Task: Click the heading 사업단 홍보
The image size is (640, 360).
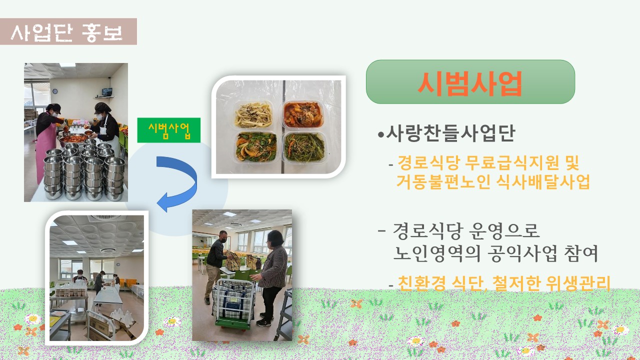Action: pos(67,32)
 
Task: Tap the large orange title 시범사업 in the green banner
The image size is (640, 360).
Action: pos(470,83)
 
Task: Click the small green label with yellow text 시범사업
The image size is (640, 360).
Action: pos(169,130)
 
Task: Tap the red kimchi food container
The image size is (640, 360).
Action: pos(303,114)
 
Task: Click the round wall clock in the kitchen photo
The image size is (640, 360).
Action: pos(55,91)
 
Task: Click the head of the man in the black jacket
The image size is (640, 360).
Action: pos(223,236)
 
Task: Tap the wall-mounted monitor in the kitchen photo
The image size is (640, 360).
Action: pos(107,92)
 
